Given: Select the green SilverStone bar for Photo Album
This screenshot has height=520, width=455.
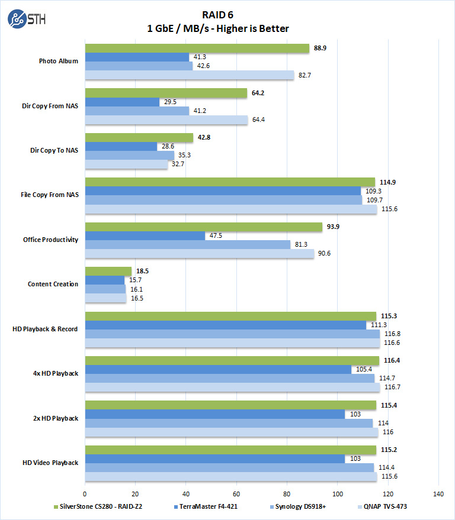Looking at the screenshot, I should click(197, 49).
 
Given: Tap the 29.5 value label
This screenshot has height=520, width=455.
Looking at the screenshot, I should click(171, 102).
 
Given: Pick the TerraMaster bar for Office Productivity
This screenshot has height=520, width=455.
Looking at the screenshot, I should click(145, 236).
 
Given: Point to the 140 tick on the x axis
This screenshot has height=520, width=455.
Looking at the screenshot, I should click(438, 493).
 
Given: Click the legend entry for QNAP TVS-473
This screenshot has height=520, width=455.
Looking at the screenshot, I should click(384, 507).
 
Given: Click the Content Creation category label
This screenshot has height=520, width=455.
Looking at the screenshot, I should click(53, 285).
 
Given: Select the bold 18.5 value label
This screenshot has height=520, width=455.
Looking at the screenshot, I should click(142, 272).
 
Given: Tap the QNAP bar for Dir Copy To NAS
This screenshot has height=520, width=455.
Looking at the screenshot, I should click(126, 165).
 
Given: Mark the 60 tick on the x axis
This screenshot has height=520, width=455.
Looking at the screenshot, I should click(236, 493).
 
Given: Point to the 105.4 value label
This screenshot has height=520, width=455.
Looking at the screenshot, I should click(364, 370).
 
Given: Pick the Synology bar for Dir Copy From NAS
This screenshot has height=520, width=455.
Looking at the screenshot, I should click(137, 111).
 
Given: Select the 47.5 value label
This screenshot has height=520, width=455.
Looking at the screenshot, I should click(216, 236).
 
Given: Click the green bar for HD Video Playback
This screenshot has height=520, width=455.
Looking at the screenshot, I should click(230, 450).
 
